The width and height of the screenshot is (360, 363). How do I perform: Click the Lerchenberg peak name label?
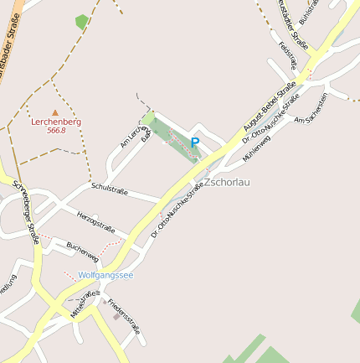(56, 122)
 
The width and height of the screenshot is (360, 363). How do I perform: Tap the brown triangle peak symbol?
(56, 111)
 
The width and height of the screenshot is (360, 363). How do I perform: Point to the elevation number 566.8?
(56, 131)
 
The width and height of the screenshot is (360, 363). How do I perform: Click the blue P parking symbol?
(195, 143)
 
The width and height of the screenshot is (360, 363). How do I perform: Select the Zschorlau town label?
(227, 181)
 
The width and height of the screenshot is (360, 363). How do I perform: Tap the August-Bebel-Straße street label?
(270, 106)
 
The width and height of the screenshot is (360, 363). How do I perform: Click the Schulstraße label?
(110, 189)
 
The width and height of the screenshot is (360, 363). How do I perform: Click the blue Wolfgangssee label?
(105, 275)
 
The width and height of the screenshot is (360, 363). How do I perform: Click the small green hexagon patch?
(82, 22)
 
